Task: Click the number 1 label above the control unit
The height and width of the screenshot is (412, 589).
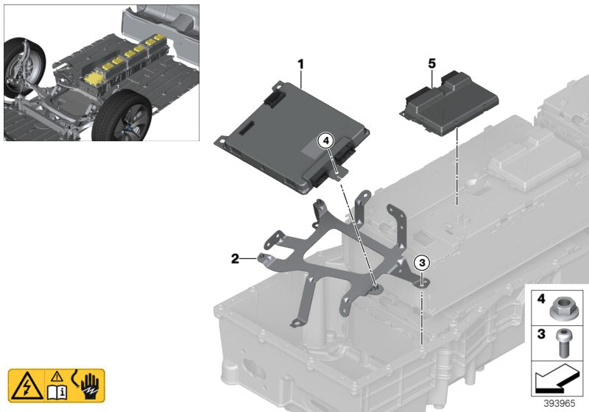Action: pyautogui.click(x=300, y=65)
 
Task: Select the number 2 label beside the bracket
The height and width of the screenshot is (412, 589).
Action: pyautogui.click(x=235, y=258)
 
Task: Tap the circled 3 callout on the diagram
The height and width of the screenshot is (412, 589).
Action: pyautogui.click(x=422, y=262)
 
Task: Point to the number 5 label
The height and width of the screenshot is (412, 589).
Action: pyautogui.click(x=431, y=65)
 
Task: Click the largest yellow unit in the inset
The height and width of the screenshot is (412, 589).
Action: pyautogui.click(x=96, y=77)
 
